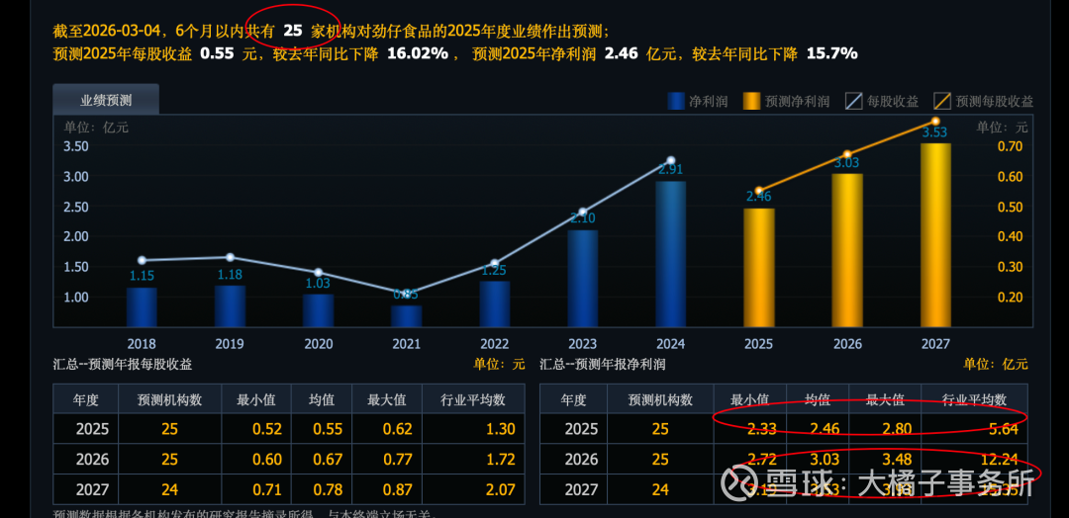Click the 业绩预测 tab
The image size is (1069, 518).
click(106, 100)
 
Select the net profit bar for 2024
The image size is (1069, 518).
click(670, 254)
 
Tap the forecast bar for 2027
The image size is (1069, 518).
click(934, 235)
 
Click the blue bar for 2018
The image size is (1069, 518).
click(142, 307)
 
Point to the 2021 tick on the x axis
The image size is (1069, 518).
click(406, 344)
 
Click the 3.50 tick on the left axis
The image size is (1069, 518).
click(76, 146)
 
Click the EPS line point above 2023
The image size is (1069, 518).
click(583, 213)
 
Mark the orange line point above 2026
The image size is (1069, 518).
click(846, 155)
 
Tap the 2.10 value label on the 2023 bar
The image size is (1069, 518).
click(583, 218)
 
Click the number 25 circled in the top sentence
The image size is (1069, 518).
click(292, 31)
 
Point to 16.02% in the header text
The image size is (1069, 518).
click(417, 53)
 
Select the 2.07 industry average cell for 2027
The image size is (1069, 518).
click(501, 488)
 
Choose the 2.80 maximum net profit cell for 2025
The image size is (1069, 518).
click(885, 429)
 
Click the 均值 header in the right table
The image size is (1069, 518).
click(817, 399)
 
